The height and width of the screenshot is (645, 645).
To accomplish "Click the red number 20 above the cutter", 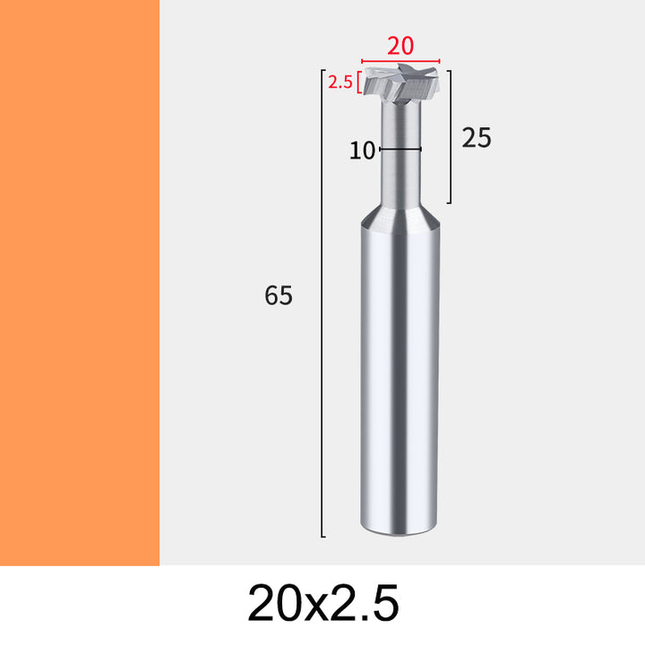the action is tap(400, 46).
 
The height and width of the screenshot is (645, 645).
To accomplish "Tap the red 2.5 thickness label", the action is tap(340, 82).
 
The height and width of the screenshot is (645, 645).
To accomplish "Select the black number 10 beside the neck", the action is tap(362, 150).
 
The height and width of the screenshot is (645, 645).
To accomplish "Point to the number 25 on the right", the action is tap(477, 138).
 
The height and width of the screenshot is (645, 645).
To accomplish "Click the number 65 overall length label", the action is tap(279, 296).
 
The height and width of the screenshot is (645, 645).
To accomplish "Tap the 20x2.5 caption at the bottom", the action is tap(322, 603).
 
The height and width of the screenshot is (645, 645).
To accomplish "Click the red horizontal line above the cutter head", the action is tap(400, 61).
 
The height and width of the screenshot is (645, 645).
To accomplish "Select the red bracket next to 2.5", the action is tap(359, 82).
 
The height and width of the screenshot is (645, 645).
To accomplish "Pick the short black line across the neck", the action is tap(400, 149).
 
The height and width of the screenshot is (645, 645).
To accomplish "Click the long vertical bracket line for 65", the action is tap(322, 303).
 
